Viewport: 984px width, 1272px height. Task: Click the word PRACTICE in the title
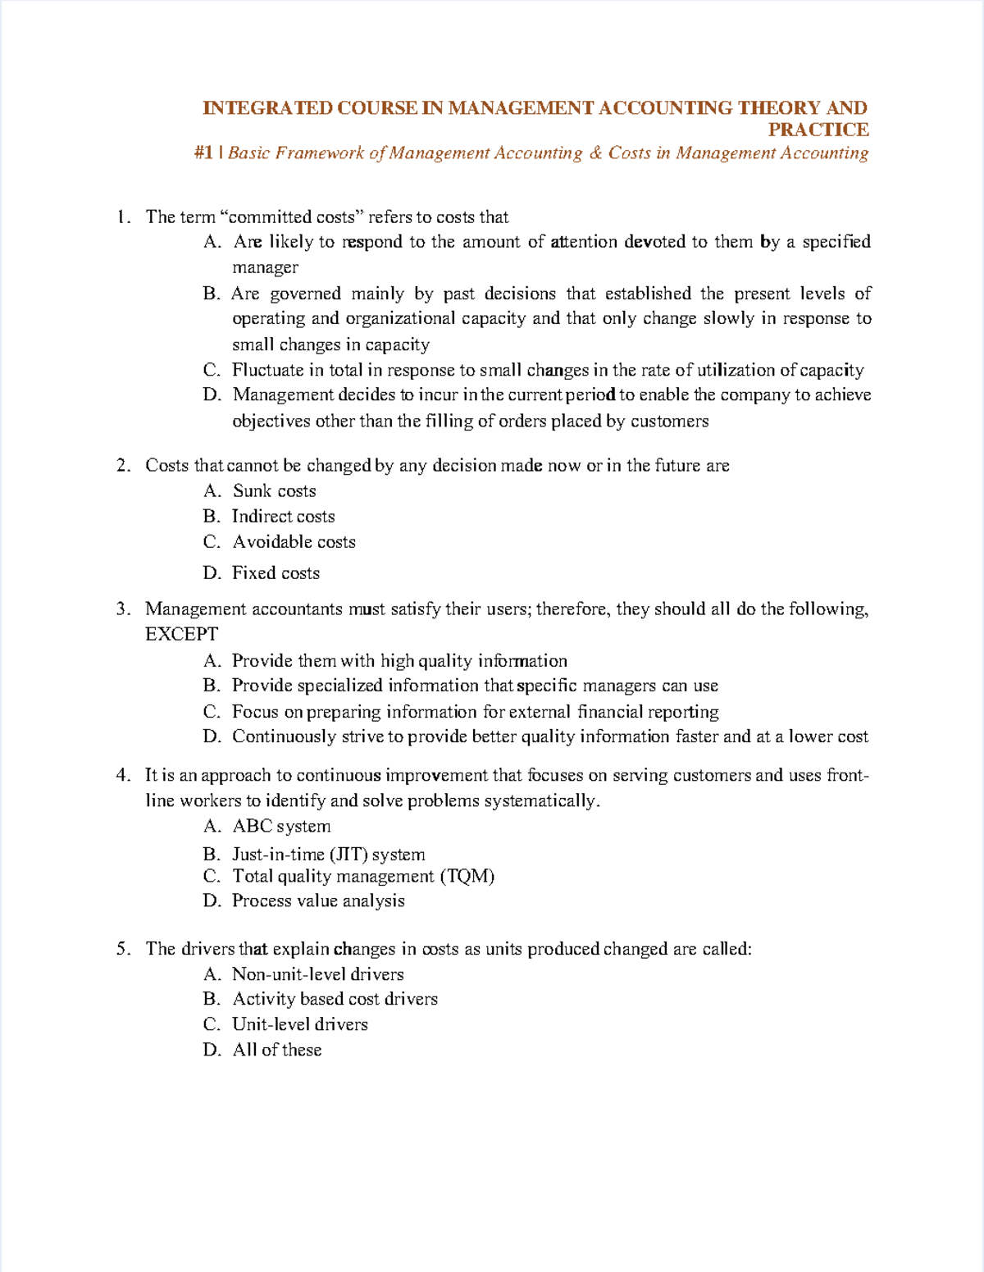pos(818,130)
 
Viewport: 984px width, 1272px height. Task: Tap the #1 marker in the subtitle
pos(204,153)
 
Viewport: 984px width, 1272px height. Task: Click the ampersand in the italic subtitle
pos(595,153)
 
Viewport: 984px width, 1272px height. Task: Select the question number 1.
pos(123,217)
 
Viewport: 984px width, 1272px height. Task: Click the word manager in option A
pos(265,267)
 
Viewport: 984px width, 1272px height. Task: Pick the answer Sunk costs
pos(274,491)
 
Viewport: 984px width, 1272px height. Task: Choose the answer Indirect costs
pos(283,517)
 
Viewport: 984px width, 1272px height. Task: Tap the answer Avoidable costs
pos(294,542)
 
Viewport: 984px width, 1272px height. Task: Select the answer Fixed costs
pos(276,573)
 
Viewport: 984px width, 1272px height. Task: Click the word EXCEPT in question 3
pos(181,634)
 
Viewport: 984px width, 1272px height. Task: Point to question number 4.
pos(123,775)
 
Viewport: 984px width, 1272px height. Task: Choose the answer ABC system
pos(281,827)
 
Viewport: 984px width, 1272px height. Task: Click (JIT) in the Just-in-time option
pos(348,855)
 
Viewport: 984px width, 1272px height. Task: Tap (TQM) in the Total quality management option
pos(467,877)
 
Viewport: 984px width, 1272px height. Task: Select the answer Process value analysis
pos(318,901)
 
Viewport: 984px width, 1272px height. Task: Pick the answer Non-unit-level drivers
pos(317,974)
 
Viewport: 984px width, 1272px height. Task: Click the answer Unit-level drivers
pos(299,1024)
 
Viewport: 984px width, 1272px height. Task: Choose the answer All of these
pos(276,1050)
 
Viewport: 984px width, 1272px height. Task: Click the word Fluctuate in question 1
pos(268,371)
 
